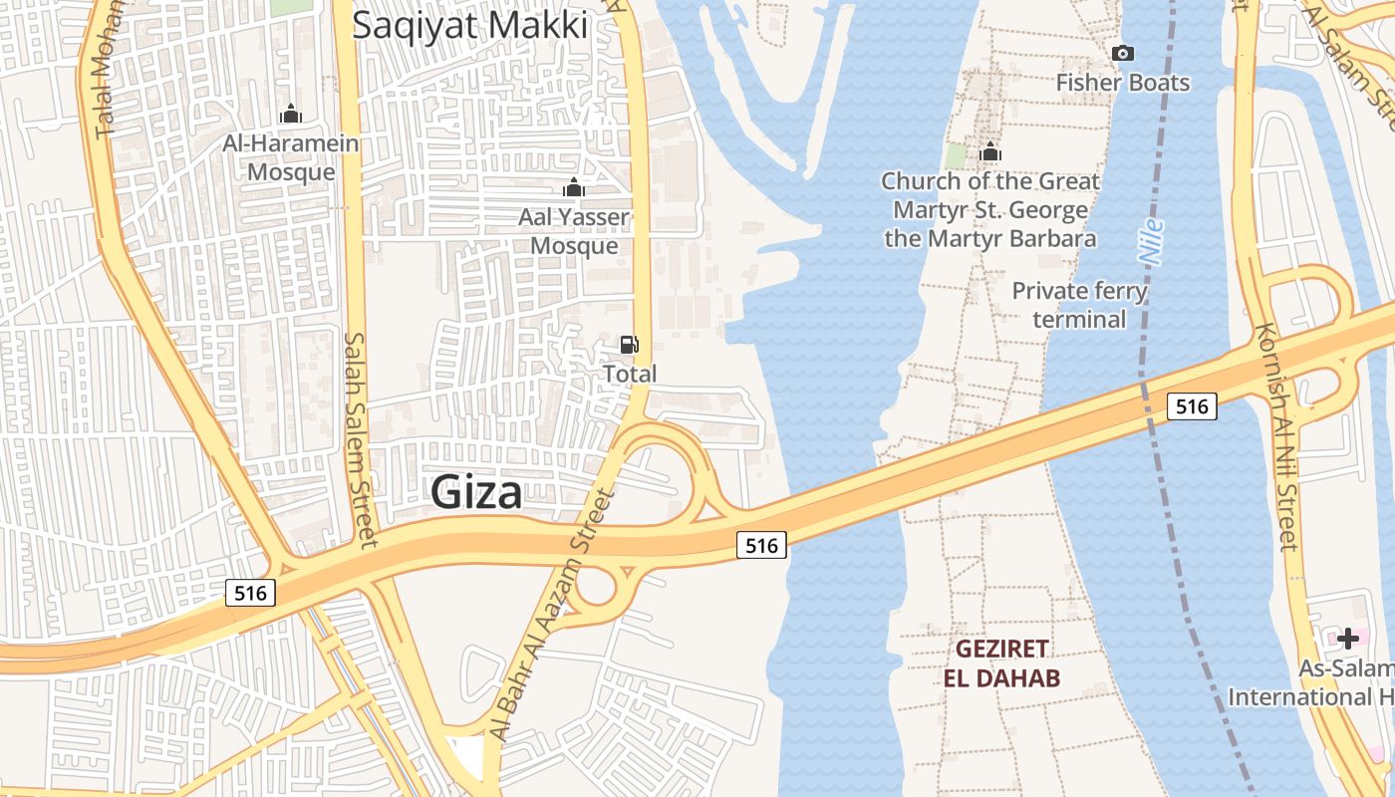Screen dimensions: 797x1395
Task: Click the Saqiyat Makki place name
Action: click(470, 25)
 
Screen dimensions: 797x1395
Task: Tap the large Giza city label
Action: click(476, 492)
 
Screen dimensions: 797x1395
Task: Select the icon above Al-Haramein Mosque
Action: click(291, 114)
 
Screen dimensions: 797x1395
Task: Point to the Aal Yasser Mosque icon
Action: click(574, 187)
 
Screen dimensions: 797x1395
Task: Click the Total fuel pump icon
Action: click(630, 345)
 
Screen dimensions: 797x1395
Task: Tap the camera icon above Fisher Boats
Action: click(1123, 53)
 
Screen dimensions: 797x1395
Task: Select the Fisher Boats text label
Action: click(1123, 82)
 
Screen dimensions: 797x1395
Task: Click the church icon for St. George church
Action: click(990, 151)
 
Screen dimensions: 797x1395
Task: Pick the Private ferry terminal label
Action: click(1080, 305)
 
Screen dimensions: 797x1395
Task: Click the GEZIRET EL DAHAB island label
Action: click(1002, 664)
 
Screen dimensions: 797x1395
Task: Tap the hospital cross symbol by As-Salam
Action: click(1348, 638)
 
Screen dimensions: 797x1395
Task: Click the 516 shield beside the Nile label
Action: click(1192, 405)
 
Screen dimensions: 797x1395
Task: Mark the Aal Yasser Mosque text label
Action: click(574, 231)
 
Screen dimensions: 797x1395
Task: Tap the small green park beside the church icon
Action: click(957, 155)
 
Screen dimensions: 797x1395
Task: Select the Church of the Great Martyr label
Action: click(990, 209)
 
